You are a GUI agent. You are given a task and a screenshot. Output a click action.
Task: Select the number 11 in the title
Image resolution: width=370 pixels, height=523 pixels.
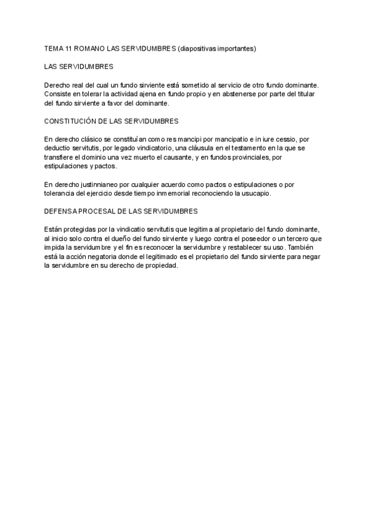click(x=69, y=48)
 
